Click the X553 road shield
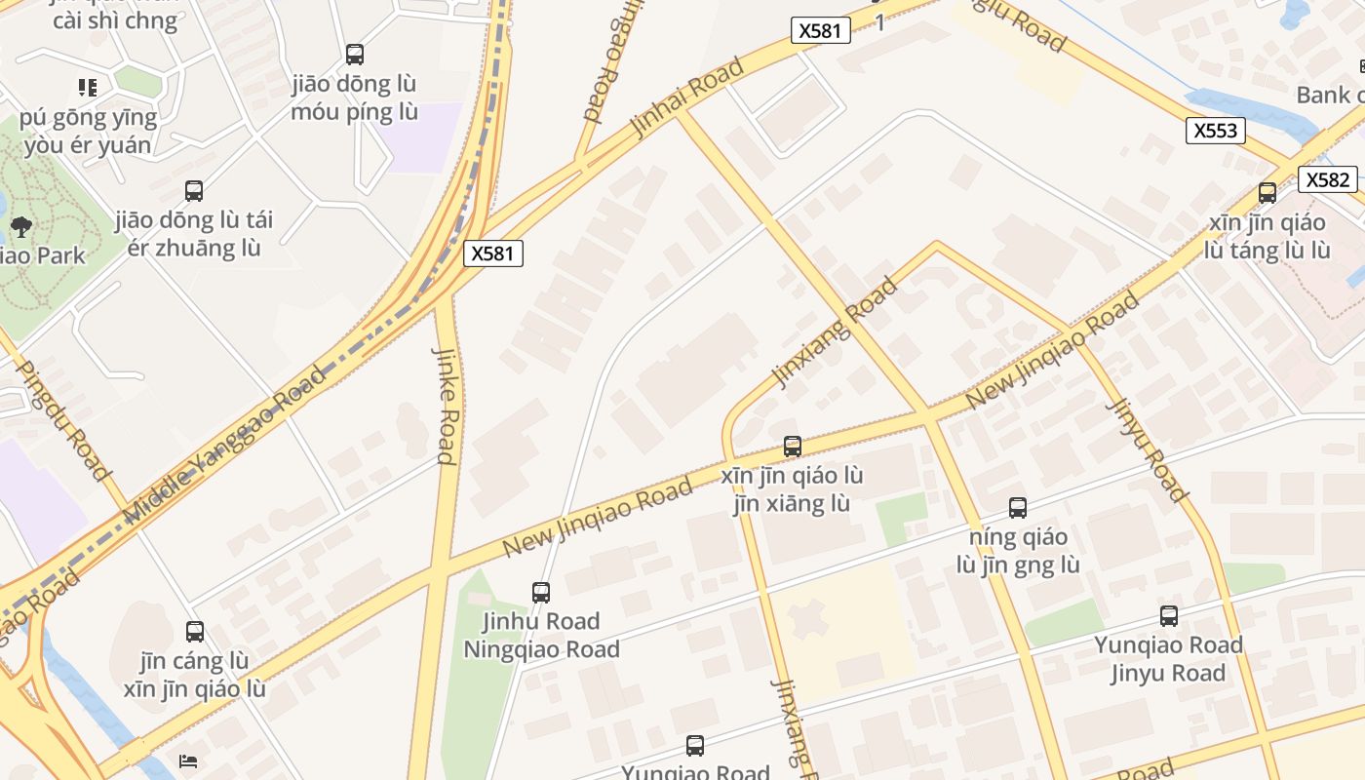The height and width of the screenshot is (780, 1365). pos(1215,131)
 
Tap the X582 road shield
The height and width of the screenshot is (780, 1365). pos(1327,179)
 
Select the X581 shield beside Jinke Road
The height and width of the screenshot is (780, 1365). pos(492,253)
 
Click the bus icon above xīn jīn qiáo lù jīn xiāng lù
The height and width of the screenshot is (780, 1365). pos(793,447)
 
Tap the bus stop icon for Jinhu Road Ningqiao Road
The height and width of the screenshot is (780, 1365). pos(541,592)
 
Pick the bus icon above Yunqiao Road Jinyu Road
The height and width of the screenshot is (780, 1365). pos(1168,616)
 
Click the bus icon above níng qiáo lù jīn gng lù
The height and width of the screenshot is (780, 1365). pos(1018,508)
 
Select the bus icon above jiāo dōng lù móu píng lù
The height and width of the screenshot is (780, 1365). pos(355,55)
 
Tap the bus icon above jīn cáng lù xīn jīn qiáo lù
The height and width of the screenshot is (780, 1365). pos(195,632)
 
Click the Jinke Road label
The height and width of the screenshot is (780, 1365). pos(446,406)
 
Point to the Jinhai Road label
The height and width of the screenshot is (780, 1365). pos(687,97)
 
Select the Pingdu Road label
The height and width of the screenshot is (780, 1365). pos(62,421)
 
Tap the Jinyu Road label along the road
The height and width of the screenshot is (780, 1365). pos(1147,449)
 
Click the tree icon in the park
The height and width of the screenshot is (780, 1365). pos(20,228)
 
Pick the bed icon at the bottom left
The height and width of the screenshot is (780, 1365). pos(188,760)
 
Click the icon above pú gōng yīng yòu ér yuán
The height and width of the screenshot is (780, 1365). pos(88,88)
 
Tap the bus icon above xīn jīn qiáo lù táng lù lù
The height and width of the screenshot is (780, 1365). pos(1267,193)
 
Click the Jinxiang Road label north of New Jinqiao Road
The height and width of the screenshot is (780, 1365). pos(835,331)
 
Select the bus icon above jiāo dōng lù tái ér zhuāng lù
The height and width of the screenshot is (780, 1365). pos(194,191)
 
